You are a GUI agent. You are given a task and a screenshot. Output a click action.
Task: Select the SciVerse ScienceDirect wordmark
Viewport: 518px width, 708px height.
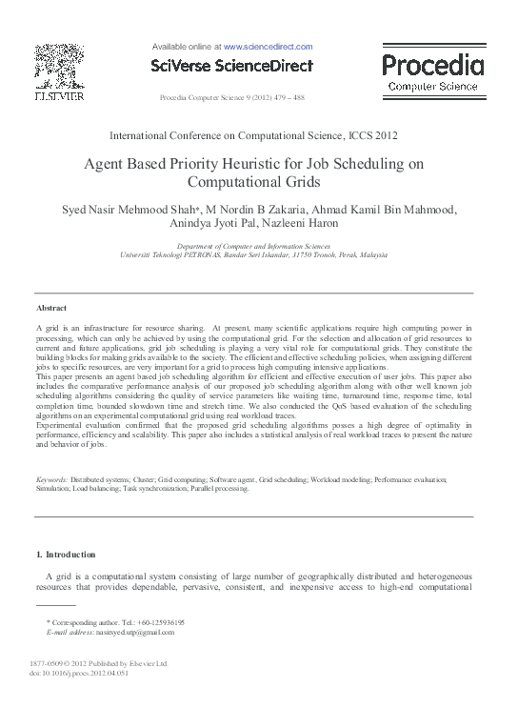coord(232,65)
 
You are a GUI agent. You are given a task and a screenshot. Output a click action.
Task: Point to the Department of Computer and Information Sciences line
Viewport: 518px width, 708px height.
coord(259,246)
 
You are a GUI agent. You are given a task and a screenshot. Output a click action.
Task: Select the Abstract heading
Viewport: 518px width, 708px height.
coord(50,309)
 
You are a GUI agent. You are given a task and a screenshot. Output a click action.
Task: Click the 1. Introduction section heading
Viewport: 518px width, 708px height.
coord(66,554)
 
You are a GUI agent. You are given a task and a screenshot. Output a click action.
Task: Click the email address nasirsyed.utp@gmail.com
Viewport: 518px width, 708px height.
coord(129,632)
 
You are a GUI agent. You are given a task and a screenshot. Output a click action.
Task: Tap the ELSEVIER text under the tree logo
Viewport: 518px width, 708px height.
coord(59,97)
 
